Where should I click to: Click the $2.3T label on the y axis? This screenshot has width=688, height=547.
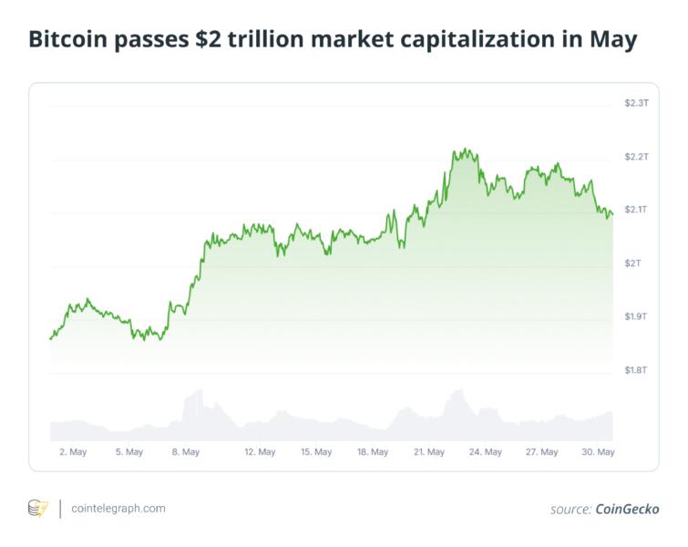point(635,103)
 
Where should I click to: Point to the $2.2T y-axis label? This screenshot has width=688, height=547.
point(635,157)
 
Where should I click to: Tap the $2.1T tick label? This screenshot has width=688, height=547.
point(635,210)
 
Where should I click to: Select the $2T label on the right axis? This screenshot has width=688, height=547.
point(632,263)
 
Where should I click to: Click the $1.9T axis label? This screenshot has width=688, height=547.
point(635,316)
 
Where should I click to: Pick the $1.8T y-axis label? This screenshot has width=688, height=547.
point(635,370)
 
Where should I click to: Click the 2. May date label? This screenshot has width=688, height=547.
point(72,452)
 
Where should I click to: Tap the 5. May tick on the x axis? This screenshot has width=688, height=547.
point(128,452)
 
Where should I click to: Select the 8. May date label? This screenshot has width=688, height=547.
point(185,452)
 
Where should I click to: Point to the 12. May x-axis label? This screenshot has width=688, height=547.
point(260,452)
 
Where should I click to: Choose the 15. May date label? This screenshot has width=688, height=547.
point(316,452)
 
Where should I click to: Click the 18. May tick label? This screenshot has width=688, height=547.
point(373,452)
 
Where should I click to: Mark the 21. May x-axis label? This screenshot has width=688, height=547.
point(429,452)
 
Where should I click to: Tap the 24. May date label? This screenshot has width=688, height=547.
point(486,452)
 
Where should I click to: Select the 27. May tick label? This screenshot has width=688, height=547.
point(542,452)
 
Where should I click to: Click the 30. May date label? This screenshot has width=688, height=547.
point(599,452)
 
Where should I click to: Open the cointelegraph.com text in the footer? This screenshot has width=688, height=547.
point(118,508)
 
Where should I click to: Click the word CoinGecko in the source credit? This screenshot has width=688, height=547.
point(627,509)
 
